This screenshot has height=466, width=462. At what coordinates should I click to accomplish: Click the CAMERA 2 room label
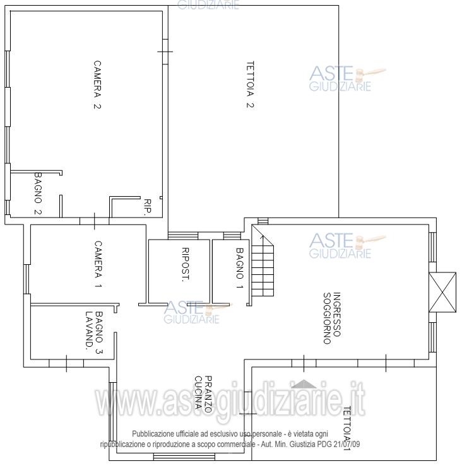(x=97, y=85)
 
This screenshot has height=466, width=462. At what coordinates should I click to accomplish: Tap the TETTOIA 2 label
(x=250, y=84)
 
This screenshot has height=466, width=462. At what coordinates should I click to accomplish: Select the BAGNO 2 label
(x=38, y=194)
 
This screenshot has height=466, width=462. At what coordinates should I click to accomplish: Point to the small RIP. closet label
(x=147, y=207)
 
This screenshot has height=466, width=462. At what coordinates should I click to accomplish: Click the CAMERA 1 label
(x=98, y=264)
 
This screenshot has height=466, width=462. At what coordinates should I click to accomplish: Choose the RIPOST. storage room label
(x=185, y=264)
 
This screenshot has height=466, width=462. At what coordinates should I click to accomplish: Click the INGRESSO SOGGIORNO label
(x=332, y=318)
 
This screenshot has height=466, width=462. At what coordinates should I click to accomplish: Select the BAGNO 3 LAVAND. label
(x=94, y=332)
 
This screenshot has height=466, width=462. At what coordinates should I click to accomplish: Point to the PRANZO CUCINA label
(x=203, y=394)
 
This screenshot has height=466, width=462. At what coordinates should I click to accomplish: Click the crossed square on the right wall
(x=442, y=292)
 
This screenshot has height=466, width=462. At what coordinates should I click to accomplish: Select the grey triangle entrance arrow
(x=304, y=384)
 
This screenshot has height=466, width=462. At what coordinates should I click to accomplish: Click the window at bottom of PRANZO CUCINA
(x=184, y=457)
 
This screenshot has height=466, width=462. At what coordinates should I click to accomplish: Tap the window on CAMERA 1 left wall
(x=27, y=279)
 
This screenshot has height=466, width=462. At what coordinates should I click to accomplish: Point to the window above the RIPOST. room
(x=183, y=236)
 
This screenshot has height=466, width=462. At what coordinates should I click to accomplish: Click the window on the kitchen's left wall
(x=112, y=411)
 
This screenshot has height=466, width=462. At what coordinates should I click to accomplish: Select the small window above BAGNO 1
(x=232, y=236)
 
